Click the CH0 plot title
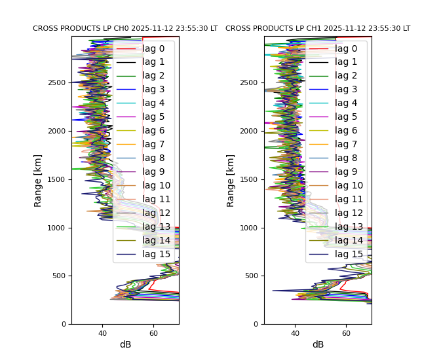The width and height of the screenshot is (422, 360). (x=125, y=29)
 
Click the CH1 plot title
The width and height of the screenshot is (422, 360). (x=318, y=29)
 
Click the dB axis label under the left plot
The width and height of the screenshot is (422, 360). (x=125, y=345)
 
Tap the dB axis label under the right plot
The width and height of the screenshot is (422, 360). (x=318, y=345)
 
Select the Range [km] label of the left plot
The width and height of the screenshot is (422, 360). (x=38, y=180)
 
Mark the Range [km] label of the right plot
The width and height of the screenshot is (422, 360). (x=231, y=180)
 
